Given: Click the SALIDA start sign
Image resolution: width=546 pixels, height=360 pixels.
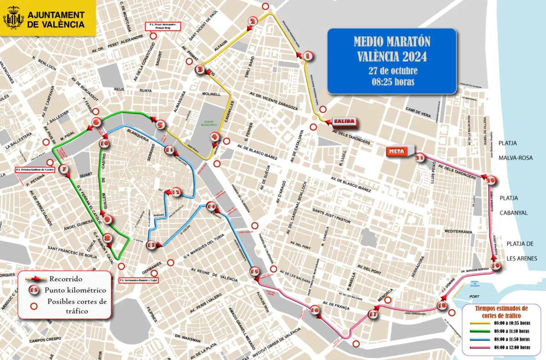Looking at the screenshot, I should [344, 122].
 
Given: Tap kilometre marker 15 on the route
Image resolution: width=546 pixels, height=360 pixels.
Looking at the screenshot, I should [255, 272].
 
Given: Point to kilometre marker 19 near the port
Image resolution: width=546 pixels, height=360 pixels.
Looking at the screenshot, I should [495, 266].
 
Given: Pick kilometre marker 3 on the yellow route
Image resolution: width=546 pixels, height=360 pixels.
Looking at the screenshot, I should [200, 70].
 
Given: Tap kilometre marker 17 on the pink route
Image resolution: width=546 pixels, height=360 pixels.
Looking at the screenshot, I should [373, 314].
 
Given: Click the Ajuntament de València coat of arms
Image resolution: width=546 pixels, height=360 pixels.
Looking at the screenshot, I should [14, 20].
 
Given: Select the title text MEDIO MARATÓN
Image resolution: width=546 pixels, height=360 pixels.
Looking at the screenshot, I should [392, 42].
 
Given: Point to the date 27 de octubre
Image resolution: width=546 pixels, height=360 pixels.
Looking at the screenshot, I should [392, 71].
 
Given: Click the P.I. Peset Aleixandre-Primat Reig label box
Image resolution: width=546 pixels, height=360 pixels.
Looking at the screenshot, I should [162, 26].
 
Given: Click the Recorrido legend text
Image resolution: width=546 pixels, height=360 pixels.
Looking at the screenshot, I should [66, 279].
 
